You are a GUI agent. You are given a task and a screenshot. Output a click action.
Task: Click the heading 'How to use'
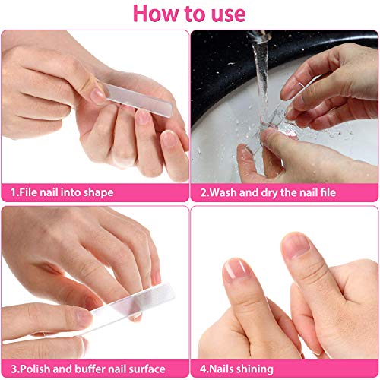point(190,14)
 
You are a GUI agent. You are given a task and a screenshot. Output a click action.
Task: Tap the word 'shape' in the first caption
point(97,192)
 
